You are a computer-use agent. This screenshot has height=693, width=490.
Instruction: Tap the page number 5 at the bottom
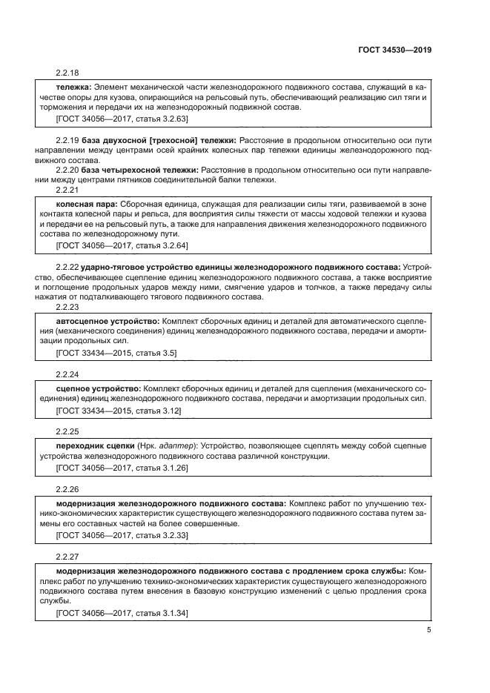[428, 630]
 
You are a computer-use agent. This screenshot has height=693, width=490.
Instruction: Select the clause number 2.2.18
[67, 73]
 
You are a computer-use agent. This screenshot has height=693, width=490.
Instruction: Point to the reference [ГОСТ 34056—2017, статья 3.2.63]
[122, 118]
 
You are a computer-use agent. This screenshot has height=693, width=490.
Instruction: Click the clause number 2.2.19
[67, 140]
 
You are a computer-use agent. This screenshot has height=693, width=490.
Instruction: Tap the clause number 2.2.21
[67, 190]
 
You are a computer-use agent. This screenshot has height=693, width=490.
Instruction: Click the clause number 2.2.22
[67, 267]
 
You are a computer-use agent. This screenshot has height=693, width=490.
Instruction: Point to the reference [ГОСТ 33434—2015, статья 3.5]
[116, 353]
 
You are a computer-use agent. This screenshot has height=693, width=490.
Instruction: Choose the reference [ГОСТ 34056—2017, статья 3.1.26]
[122, 468]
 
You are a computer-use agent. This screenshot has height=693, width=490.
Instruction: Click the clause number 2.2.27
[67, 554]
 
